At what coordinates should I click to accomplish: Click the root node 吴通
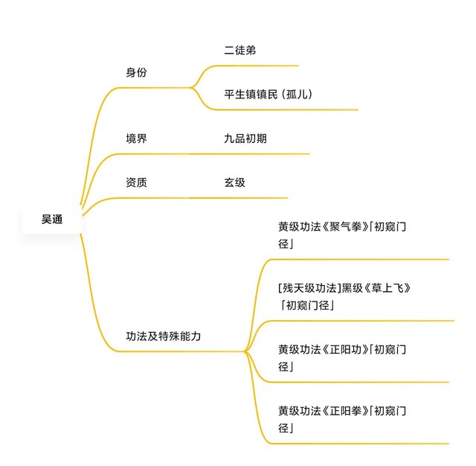point(52,220)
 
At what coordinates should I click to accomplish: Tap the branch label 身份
point(136,73)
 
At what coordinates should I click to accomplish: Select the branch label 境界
point(136,138)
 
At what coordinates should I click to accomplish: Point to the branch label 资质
point(136,182)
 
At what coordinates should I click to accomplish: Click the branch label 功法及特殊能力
point(164,336)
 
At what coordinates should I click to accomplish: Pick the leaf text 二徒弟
point(240,51)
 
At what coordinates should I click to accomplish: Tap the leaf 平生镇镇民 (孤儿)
point(268,95)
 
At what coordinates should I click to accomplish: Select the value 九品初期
point(245,138)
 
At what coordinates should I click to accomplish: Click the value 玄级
point(235,182)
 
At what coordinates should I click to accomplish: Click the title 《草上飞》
point(387,288)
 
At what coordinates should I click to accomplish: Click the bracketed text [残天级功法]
point(309,288)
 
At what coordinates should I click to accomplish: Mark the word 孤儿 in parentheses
point(297,95)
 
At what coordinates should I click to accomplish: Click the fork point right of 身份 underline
point(192,88)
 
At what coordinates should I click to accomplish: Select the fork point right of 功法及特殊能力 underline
point(245,351)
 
